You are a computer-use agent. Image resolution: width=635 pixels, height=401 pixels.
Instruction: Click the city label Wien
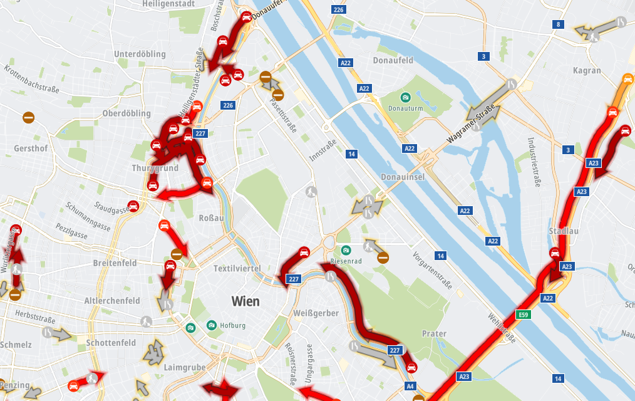point(245,301)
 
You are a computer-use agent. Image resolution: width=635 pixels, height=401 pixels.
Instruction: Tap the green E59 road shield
point(523,315)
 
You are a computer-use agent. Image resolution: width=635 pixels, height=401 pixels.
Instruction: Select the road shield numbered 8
point(557,25)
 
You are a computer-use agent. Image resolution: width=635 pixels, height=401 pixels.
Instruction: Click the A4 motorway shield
point(411,387)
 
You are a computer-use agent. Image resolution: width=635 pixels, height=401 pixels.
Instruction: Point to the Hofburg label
point(232,326)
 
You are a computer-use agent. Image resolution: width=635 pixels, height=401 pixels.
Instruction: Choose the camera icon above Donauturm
point(406,97)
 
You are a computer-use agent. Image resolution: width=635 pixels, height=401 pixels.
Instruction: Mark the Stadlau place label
point(563,231)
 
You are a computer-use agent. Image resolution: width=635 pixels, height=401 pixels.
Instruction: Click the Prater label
point(433,333)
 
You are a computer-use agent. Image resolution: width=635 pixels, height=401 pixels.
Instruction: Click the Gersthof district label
point(30,148)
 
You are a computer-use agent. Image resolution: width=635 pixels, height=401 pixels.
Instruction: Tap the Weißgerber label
point(316,313)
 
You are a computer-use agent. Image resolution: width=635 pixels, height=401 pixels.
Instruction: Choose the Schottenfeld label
point(111,343)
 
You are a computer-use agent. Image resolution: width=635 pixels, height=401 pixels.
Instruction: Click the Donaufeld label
point(393,61)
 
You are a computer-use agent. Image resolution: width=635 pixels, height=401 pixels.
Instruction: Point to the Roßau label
point(210,218)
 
